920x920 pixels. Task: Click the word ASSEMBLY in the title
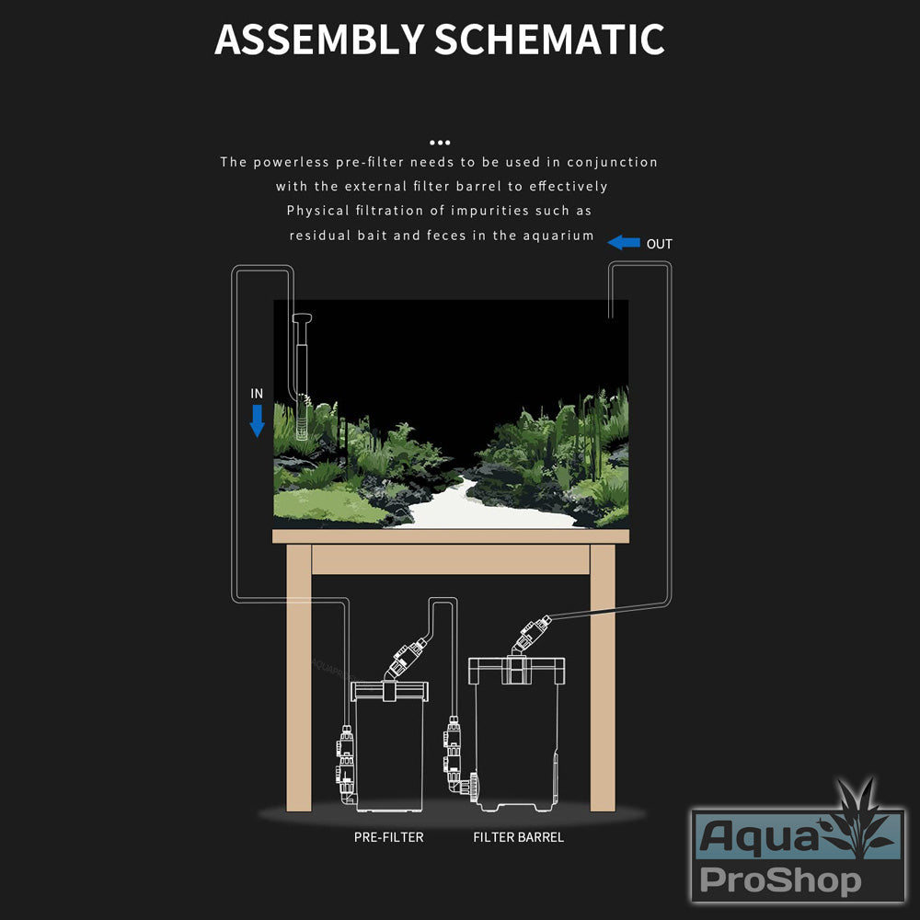(319, 40)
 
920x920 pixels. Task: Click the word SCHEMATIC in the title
(549, 40)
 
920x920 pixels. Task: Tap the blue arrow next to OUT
(624, 242)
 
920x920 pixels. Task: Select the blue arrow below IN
(257, 420)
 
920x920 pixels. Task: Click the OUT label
(659, 244)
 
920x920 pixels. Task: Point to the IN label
(257, 394)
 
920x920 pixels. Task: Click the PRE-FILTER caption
(388, 837)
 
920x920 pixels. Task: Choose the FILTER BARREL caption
(518, 837)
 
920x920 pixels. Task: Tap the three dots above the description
(440, 143)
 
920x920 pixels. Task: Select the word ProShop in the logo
(780, 880)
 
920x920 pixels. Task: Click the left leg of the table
(299, 678)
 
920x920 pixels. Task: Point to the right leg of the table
(603, 678)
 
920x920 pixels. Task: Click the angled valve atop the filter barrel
(531, 634)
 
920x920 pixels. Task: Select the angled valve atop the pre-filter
(406, 659)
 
